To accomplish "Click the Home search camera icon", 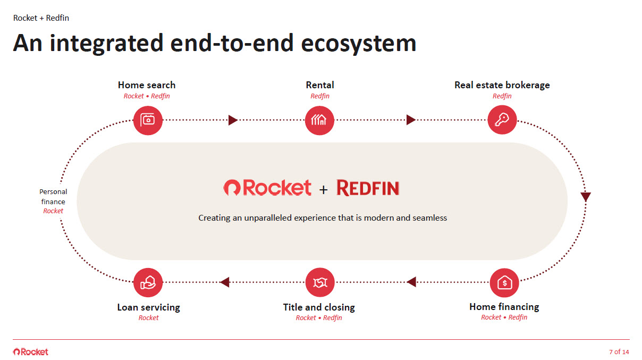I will pos(148,120).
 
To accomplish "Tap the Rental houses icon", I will pos(320,120).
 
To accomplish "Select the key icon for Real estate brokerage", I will pos(502,120).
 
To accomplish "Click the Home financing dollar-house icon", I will pos(504,282).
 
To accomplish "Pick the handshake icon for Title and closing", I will pos(320,282).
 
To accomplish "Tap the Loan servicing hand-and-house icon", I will pos(148,282).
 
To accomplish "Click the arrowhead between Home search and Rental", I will pos(233,120).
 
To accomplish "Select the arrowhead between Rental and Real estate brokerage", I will pos(411,120).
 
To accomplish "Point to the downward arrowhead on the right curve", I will pos(586,197).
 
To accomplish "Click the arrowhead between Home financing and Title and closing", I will pos(411,282).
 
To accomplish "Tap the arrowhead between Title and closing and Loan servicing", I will pos(224,282).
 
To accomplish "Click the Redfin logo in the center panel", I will pos(368,188).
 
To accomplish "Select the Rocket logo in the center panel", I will pos(267,187).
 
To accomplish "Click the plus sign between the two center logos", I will pos(324,189).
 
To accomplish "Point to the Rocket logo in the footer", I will pos(30,351).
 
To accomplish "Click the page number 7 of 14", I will pos(619,352).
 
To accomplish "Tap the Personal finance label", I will pos(53,197).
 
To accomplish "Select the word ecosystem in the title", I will pos(359,43).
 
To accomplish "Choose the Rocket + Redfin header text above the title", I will pos(41,18).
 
